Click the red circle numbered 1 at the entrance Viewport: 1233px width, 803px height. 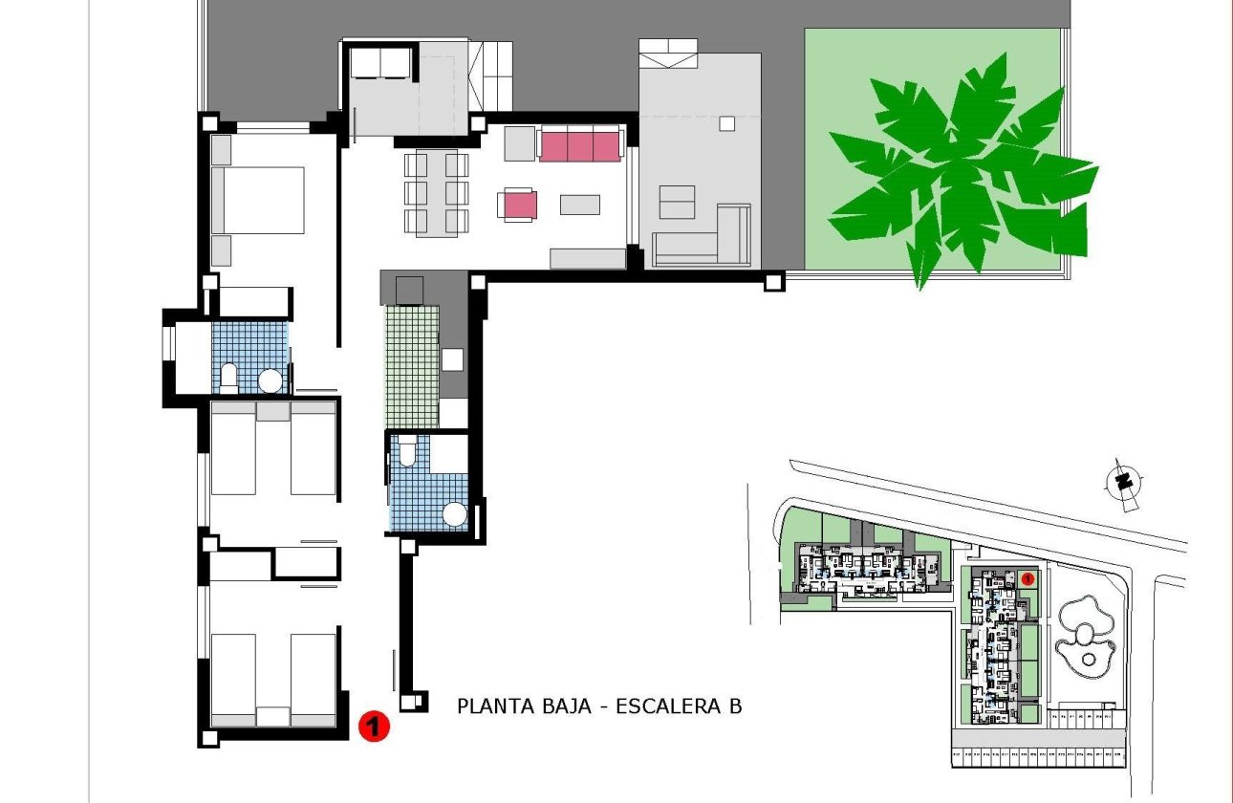(375, 727)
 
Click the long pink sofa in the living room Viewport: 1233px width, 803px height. (579, 145)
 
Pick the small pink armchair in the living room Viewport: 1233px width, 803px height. (516, 205)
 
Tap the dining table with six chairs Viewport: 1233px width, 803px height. (436, 192)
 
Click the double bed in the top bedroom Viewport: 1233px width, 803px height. (256, 200)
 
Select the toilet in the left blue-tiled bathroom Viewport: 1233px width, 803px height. (229, 378)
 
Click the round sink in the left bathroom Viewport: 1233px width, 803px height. (270, 380)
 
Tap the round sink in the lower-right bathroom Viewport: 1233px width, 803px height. (455, 515)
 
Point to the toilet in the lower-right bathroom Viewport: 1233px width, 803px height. (407, 451)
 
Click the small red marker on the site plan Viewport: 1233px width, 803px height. (1027, 578)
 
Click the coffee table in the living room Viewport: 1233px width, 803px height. (579, 205)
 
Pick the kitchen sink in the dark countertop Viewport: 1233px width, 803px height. (453, 359)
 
